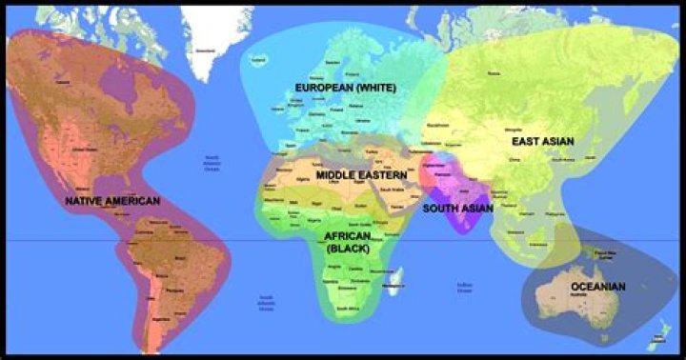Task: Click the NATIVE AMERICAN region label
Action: [x=112, y=202]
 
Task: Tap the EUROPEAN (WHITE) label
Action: [x=347, y=88]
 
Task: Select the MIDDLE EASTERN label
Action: [x=362, y=176]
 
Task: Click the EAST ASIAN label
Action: [x=542, y=141]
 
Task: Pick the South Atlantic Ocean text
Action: [x=267, y=302]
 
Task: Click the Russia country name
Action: [x=494, y=72]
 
